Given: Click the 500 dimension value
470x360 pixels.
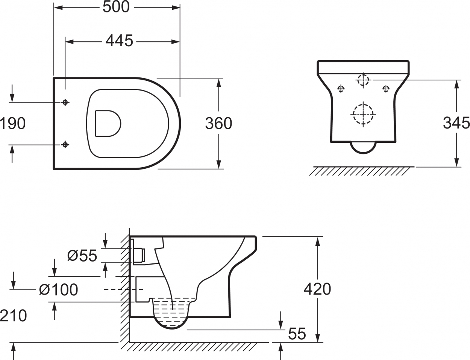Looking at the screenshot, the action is coord(116,7).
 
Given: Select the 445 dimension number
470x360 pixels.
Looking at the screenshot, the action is coord(119,41).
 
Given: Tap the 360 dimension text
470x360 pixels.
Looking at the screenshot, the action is coord(218,123).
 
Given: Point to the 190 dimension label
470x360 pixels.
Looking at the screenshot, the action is coord(12,123).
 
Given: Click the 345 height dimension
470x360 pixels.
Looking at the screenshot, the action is coord(456,123).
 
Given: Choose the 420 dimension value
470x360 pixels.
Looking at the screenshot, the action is coord(317,289).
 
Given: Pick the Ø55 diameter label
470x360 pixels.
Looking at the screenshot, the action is coord(82,256).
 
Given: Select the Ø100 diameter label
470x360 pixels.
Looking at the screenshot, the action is coord(58,290).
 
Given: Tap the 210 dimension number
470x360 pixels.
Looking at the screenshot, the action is coord(13,316).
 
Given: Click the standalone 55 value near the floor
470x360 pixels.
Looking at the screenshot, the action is coord(297,334).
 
